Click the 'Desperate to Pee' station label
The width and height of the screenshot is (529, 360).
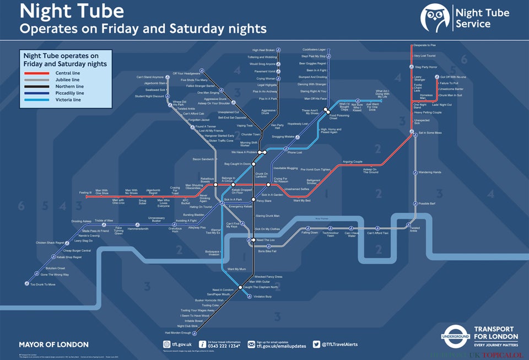point(425,45)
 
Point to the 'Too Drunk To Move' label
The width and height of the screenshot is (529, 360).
point(42,284)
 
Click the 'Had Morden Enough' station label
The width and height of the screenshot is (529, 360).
point(178,333)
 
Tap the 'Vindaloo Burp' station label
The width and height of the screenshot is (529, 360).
point(262,297)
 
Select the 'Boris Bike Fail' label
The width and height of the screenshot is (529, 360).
point(267,251)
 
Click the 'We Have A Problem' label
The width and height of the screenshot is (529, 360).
point(244,152)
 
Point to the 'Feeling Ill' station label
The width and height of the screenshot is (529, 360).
point(85,192)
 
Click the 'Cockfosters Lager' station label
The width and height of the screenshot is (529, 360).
point(314,50)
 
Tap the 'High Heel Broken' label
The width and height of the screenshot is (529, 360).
point(263,50)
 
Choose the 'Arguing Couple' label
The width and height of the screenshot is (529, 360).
point(353,162)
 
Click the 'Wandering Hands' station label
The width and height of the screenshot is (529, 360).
point(430,173)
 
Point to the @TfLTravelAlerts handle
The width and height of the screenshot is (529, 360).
point(339,345)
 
